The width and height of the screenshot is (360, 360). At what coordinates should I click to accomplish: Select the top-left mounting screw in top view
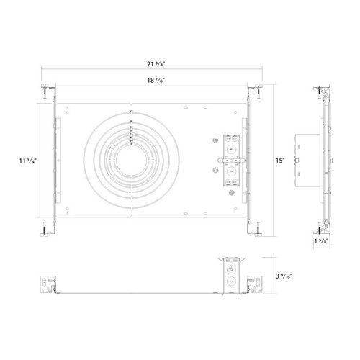(x=44, y=91)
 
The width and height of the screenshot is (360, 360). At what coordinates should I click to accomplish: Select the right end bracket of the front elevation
(x=253, y=284)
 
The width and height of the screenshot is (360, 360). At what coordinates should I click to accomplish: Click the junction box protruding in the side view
(x=305, y=160)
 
